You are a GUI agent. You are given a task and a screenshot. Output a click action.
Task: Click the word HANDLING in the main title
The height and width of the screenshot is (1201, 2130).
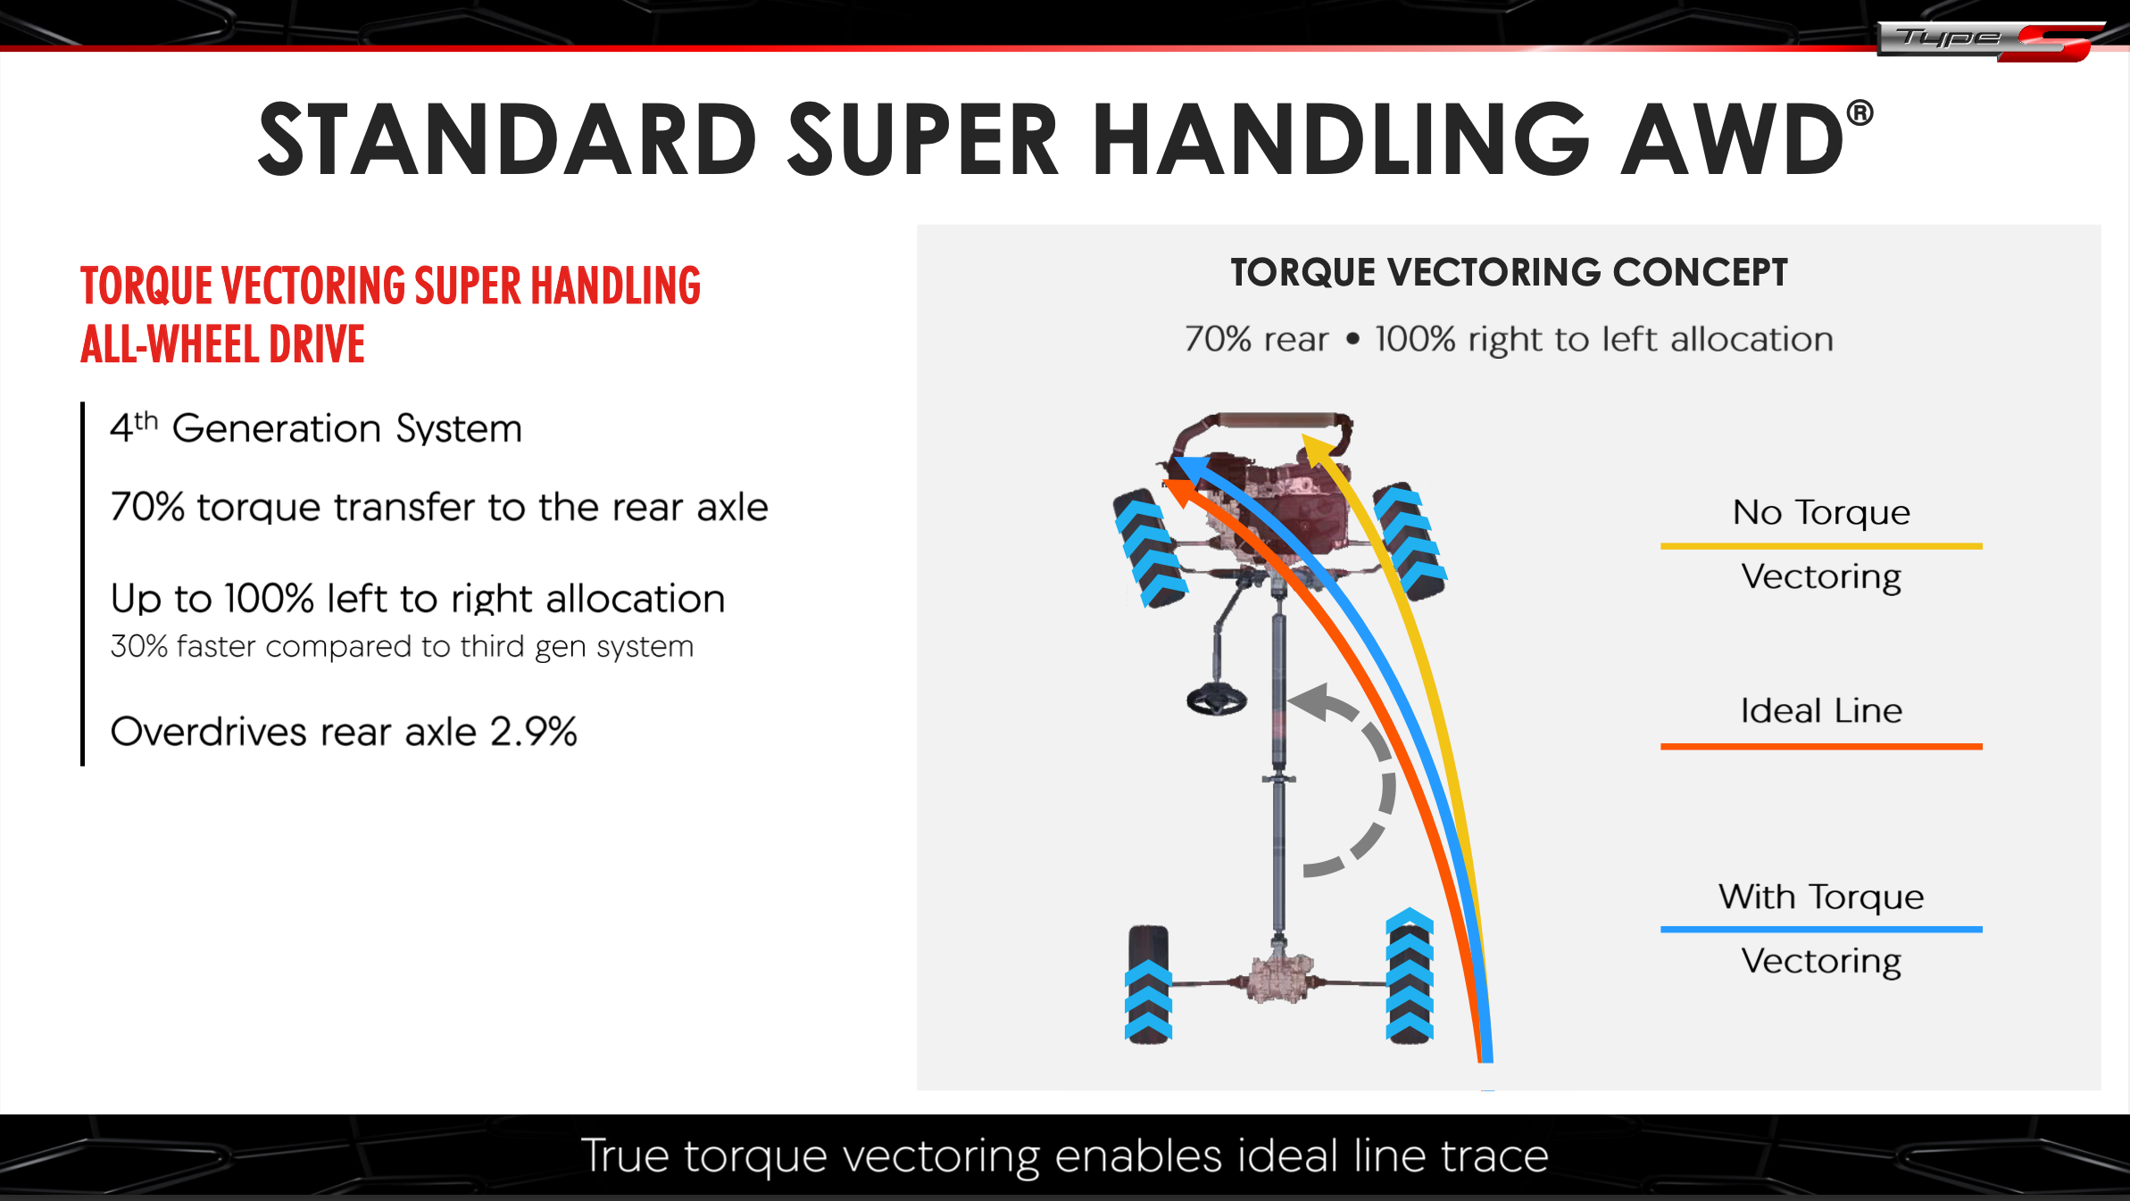pyautogui.click(x=1340, y=139)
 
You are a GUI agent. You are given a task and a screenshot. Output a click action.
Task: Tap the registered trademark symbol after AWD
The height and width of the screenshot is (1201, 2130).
pyautogui.click(x=1860, y=113)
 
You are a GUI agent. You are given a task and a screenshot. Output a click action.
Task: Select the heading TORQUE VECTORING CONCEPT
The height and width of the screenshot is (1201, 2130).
pyautogui.click(x=1509, y=273)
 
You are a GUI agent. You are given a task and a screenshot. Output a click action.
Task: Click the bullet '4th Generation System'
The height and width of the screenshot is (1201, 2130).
pyautogui.click(x=316, y=428)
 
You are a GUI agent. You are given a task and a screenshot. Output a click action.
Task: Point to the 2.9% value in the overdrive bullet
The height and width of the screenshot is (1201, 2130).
pyautogui.click(x=534, y=732)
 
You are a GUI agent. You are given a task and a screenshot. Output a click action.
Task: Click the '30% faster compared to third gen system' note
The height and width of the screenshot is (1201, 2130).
pyautogui.click(x=402, y=646)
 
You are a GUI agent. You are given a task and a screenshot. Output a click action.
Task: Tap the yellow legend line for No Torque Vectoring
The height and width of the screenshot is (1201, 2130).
pyautogui.click(x=1821, y=545)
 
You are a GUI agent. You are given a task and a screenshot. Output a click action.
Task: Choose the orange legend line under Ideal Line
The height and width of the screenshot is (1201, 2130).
pyautogui.click(x=1821, y=746)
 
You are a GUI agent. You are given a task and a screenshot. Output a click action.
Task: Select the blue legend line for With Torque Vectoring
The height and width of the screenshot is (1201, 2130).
pyautogui.click(x=1821, y=929)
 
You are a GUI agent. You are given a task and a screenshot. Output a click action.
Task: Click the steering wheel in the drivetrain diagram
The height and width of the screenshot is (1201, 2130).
pyautogui.click(x=1217, y=699)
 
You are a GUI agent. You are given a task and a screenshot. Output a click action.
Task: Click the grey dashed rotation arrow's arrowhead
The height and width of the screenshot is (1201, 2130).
pyautogui.click(x=1312, y=701)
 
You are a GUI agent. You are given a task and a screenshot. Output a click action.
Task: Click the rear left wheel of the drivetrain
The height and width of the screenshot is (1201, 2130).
pyautogui.click(x=1148, y=984)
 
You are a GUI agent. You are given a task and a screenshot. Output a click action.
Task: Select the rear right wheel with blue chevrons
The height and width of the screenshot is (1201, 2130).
pyautogui.click(x=1410, y=976)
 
